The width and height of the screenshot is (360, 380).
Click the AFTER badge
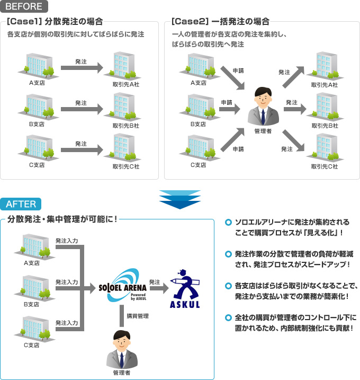click(21, 204)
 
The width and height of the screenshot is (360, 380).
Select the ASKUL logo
click(185, 290)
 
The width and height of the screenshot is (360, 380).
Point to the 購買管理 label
click(137, 316)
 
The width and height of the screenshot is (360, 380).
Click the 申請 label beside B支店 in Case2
click(226, 103)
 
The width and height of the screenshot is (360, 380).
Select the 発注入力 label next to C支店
click(67, 323)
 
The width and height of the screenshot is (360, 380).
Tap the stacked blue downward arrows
click(180, 200)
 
